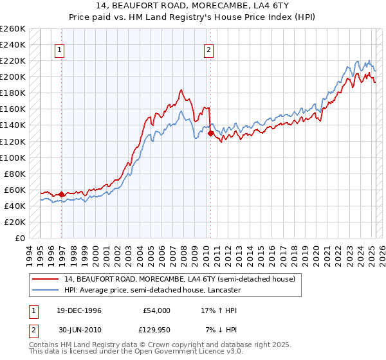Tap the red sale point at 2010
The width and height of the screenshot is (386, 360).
pyautogui.click(x=211, y=134)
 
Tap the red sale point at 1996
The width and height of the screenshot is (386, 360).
pyautogui.click(x=61, y=194)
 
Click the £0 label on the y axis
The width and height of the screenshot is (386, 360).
pyautogui.click(x=20, y=238)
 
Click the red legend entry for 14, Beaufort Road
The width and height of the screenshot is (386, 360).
pyautogui.click(x=179, y=279)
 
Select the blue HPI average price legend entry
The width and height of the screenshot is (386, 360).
pyautogui.click(x=152, y=291)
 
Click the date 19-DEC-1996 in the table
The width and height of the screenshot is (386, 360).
pyautogui.click(x=79, y=310)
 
